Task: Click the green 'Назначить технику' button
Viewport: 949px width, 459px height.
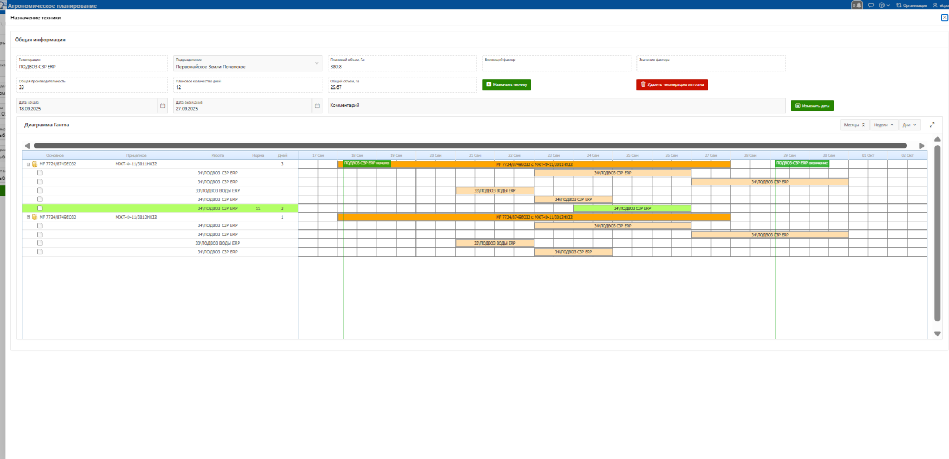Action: pyautogui.click(x=506, y=84)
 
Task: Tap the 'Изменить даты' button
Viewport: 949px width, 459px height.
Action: pyautogui.click(x=812, y=106)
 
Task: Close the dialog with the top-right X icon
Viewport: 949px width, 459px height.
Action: pyautogui.click(x=944, y=18)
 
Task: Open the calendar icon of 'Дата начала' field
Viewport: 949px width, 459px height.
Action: pyautogui.click(x=163, y=106)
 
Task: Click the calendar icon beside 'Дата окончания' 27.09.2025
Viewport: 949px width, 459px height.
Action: pyautogui.click(x=317, y=106)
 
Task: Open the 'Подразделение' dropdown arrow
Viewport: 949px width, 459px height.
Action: pyautogui.click(x=317, y=63)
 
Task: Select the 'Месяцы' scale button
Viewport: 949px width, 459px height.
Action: pyautogui.click(x=854, y=125)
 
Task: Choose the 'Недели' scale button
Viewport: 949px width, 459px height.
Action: pyautogui.click(x=883, y=125)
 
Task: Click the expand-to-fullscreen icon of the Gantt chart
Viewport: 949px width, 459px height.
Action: pyautogui.click(x=932, y=125)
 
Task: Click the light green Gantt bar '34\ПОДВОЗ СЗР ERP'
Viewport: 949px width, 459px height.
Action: pyautogui.click(x=632, y=208)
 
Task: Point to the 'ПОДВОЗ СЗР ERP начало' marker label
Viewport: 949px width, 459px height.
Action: pyautogui.click(x=367, y=163)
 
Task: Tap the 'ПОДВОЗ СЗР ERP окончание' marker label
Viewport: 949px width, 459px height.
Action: pyautogui.click(x=802, y=163)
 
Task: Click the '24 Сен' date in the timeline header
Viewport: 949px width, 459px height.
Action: pyautogui.click(x=592, y=155)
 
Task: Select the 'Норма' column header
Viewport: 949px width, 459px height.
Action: pyautogui.click(x=258, y=155)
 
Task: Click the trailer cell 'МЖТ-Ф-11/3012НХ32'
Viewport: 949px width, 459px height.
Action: pyautogui.click(x=136, y=217)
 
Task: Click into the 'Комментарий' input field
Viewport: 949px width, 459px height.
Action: pyautogui.click(x=556, y=106)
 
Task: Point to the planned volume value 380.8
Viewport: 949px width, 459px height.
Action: pyautogui.click(x=336, y=67)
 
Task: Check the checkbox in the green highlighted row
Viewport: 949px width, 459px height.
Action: pyautogui.click(x=40, y=208)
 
